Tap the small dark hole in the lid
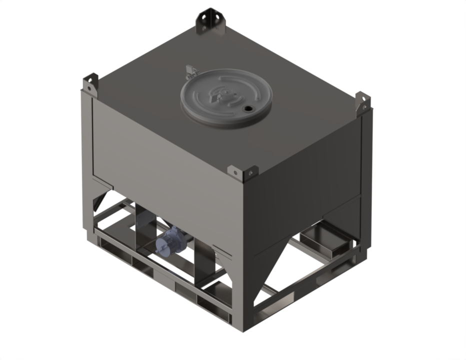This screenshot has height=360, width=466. [247, 108]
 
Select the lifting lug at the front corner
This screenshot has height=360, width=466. [242, 172]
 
